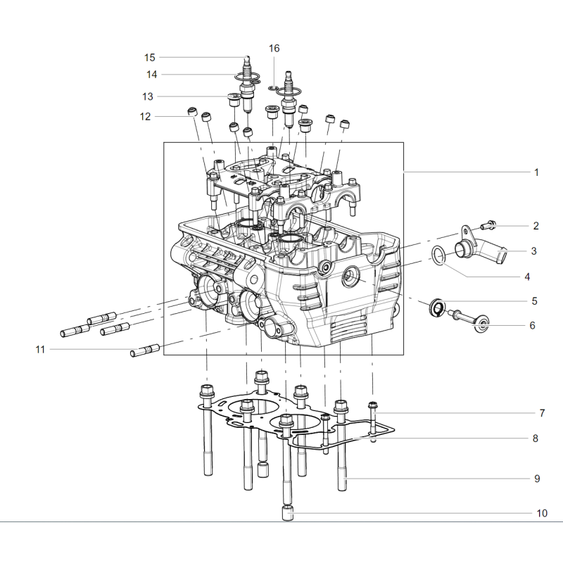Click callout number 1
pos(536,172)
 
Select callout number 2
pos(536,226)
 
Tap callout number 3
pos(534,251)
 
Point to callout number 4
pos(527,277)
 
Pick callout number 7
pos(542,413)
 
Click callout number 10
pos(542,513)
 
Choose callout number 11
pos(40,349)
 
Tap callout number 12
pos(145,116)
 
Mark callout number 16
pos(274,48)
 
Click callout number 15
pos(150,58)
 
